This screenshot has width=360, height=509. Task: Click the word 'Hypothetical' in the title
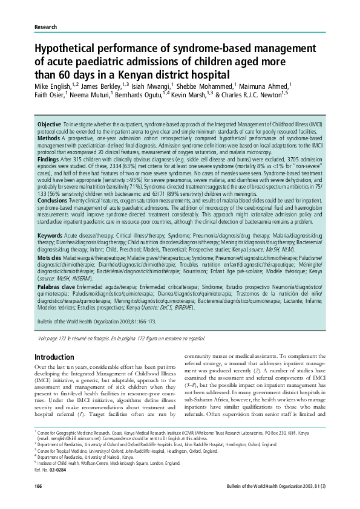72,48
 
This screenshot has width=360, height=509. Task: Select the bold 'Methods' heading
48,138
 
